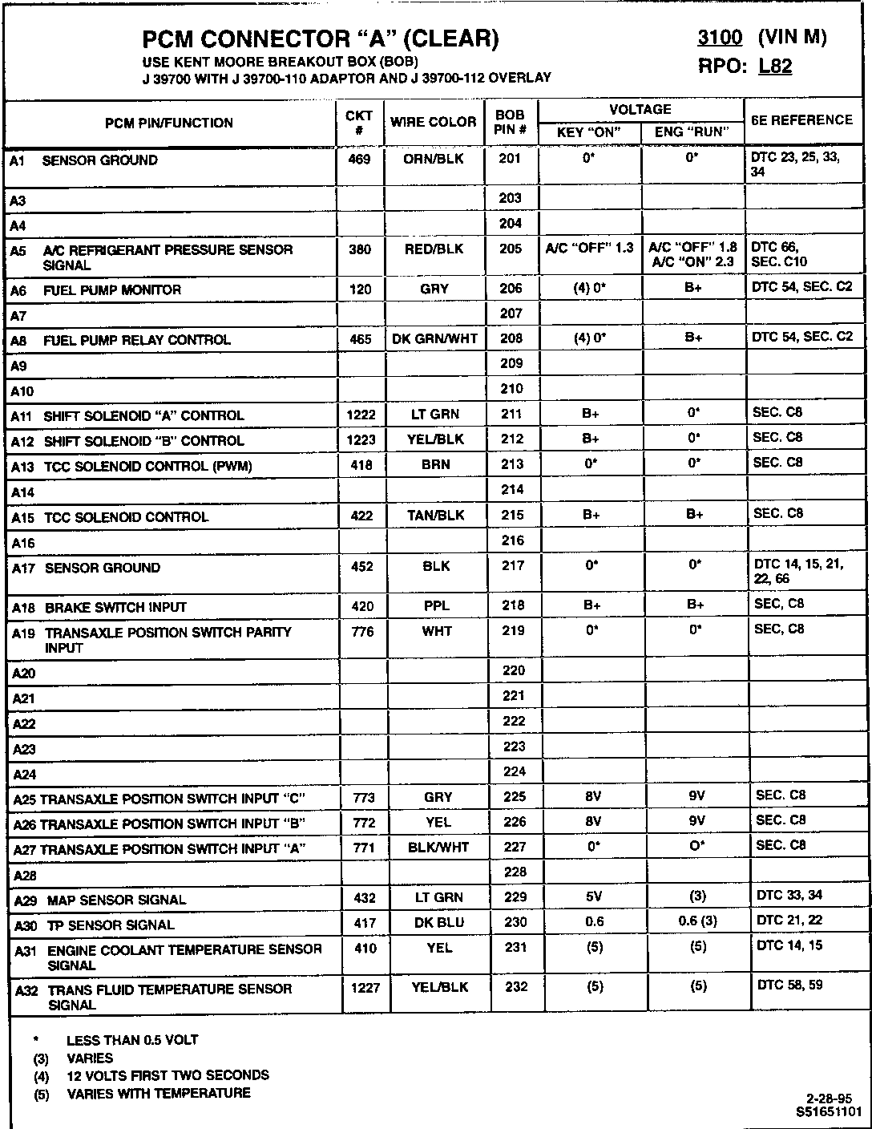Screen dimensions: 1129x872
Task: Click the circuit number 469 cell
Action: (x=360, y=160)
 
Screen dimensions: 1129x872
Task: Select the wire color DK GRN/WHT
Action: (x=434, y=339)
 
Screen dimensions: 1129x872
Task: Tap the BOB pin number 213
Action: (x=511, y=464)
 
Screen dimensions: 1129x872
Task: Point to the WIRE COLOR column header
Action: (x=434, y=122)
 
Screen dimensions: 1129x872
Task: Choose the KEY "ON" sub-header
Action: (x=589, y=132)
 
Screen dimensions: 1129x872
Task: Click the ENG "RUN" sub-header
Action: (x=692, y=132)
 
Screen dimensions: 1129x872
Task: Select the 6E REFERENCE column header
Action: (x=801, y=120)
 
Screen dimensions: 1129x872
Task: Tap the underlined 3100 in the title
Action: (x=720, y=38)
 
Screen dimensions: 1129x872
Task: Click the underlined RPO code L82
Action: (x=775, y=67)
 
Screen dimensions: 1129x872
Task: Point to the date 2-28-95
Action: (x=829, y=1099)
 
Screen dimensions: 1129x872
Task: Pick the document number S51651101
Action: (x=829, y=1112)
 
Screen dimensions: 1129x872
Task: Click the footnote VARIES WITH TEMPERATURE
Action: (x=159, y=1093)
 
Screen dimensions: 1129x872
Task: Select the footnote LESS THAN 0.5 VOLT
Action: (x=132, y=1040)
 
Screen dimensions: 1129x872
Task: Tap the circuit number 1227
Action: (x=365, y=988)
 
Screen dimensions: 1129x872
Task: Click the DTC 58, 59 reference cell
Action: (x=790, y=985)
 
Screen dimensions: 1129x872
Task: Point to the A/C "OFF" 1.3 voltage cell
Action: (x=589, y=249)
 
